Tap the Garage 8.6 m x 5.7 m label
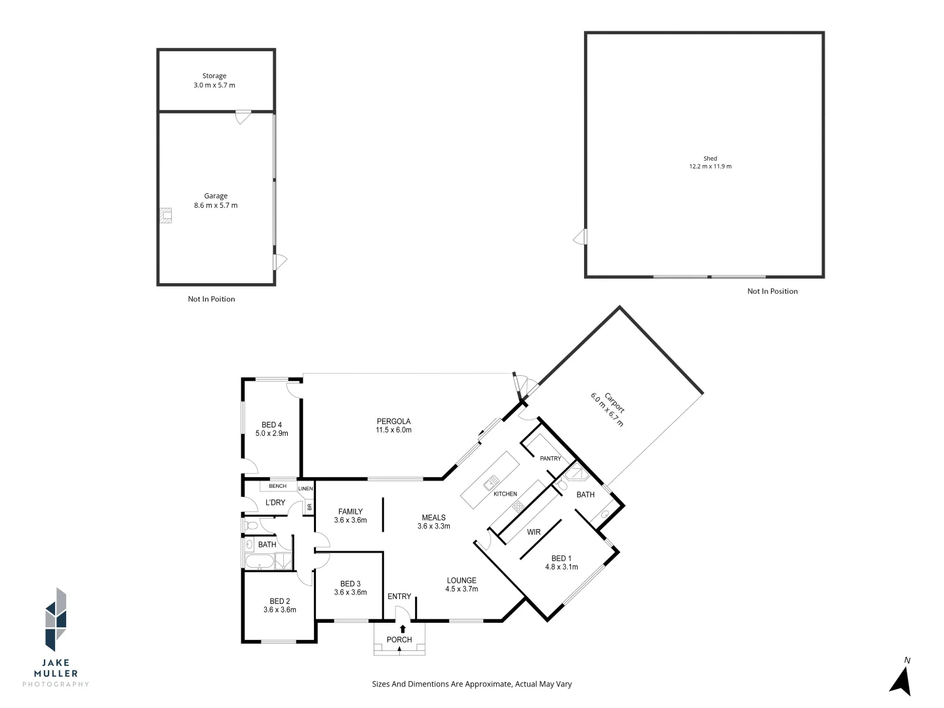216,201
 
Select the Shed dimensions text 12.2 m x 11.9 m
710,167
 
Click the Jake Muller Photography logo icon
56,619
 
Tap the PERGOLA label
393,422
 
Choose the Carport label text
614,403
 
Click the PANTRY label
551,458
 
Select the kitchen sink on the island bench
491,482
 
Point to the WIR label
534,532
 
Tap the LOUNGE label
462,580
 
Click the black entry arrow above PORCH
403,629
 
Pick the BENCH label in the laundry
277,486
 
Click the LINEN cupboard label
305,488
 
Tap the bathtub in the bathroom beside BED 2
260,561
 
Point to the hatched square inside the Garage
166,216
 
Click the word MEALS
433,518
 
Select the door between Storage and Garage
243,117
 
